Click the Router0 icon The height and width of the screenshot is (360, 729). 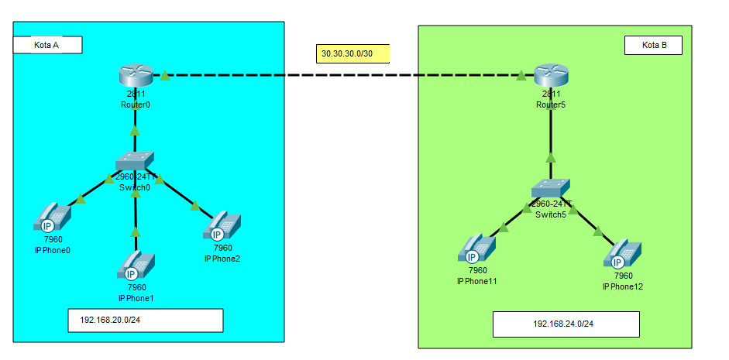click(135, 76)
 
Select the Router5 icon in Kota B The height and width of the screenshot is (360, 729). click(551, 77)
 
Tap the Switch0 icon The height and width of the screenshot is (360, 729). click(135, 161)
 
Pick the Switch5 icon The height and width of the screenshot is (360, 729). click(551, 189)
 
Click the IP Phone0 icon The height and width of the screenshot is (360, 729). click(52, 217)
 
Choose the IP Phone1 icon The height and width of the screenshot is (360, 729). click(136, 266)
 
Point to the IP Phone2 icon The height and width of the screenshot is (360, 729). click(222, 225)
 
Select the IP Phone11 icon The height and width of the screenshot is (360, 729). click(476, 247)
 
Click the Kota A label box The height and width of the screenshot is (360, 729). click(47, 45)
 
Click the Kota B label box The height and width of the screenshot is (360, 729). click(654, 45)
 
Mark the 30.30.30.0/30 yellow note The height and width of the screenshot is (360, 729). click(352, 53)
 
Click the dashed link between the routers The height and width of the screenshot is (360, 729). click(341, 76)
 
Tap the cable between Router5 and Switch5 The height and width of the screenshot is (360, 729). click(551, 135)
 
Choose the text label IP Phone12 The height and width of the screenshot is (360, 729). click(623, 286)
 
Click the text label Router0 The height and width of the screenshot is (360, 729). click(135, 104)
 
